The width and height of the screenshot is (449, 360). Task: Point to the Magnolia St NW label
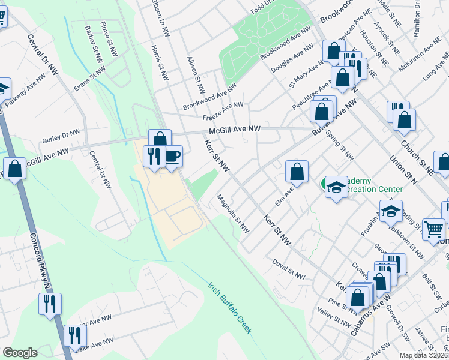pyautogui.click(x=233, y=213)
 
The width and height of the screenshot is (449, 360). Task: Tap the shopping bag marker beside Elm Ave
pyautogui.click(x=297, y=172)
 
